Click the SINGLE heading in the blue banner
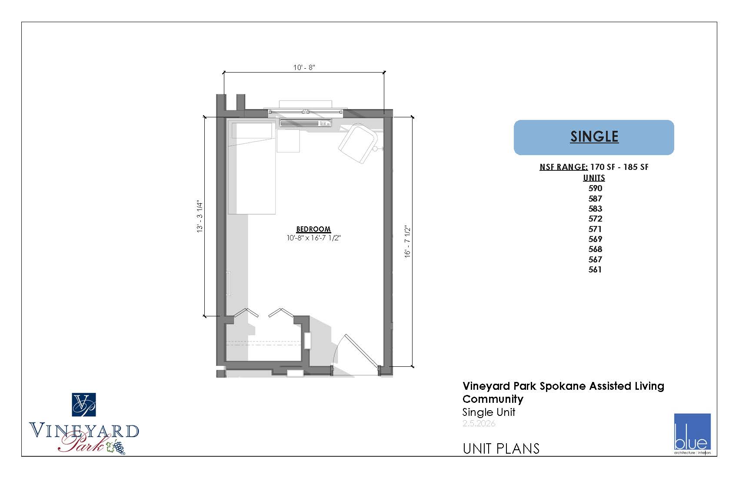pyautogui.click(x=594, y=136)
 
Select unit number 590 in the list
pyautogui.click(x=595, y=188)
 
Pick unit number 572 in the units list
pyautogui.click(x=595, y=219)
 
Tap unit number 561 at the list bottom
pyautogui.click(x=595, y=269)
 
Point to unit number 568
pyautogui.click(x=595, y=249)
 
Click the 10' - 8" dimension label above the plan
pyautogui.click(x=304, y=67)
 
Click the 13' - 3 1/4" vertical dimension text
pyautogui.click(x=200, y=216)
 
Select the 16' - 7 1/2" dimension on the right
pyautogui.click(x=407, y=242)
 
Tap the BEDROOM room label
pyautogui.click(x=313, y=229)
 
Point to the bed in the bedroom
pyautogui.click(x=251, y=168)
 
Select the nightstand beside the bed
pyautogui.click(x=288, y=141)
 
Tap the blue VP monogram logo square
pyautogui.click(x=84, y=405)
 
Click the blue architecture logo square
pyautogui.click(x=692, y=432)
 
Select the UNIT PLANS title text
pyautogui.click(x=501, y=448)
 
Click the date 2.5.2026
pyautogui.click(x=479, y=423)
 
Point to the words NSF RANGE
pyautogui.click(x=563, y=167)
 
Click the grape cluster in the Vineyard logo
pyautogui.click(x=118, y=447)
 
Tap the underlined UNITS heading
pyautogui.click(x=594, y=178)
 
